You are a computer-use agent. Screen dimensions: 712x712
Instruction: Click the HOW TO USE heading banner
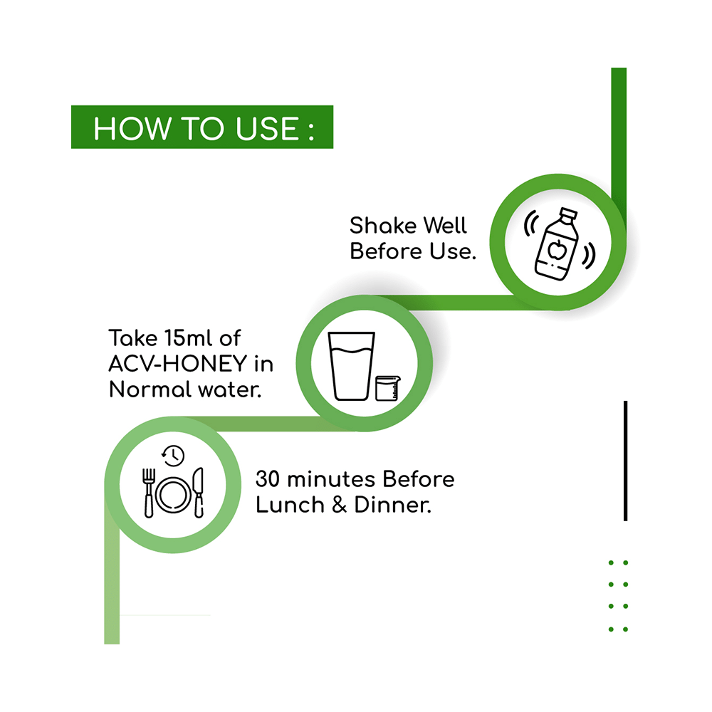coord(202,127)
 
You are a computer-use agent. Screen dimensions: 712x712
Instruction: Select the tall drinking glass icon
coord(352,366)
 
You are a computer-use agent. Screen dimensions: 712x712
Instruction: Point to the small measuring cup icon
coord(388,388)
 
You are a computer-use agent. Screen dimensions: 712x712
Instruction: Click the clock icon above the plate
coord(173,456)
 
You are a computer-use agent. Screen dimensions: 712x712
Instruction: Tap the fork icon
coord(149,493)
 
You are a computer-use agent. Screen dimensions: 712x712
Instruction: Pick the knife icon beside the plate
coord(199,493)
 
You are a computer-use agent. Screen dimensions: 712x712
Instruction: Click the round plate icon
coord(174,495)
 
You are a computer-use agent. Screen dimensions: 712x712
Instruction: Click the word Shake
coord(383,225)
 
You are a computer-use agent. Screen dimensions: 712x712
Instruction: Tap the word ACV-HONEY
coord(177,364)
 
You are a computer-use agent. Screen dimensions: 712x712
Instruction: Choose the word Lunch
coord(290,505)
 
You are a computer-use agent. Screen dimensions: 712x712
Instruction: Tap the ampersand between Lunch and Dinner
coord(339,505)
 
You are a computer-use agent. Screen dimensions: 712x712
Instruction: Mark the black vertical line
coord(625,461)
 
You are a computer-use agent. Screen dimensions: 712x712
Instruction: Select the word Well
coord(445,225)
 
